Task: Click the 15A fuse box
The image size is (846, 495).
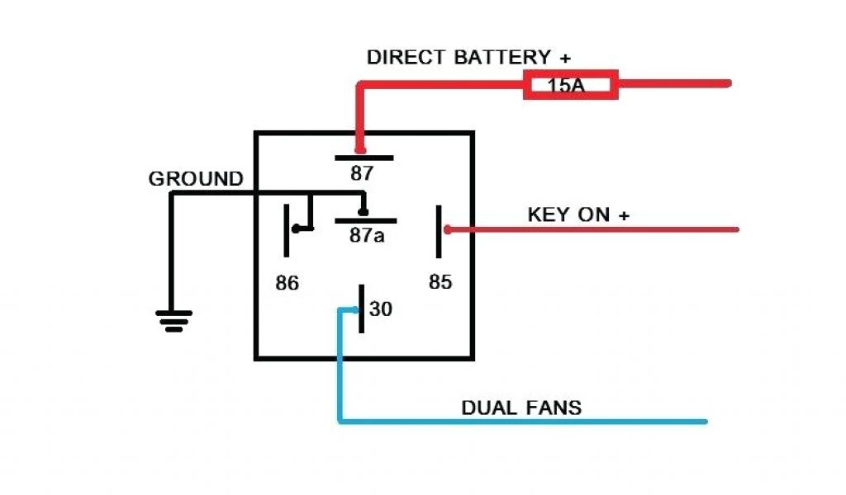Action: (570, 85)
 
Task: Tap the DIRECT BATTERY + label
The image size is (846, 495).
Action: (469, 58)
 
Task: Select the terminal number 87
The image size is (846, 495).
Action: (362, 174)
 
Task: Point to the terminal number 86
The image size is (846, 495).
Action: (287, 283)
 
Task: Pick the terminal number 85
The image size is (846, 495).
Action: (440, 282)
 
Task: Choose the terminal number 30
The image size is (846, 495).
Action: (381, 309)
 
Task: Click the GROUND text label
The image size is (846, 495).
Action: (196, 179)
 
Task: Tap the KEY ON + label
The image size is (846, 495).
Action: (578, 214)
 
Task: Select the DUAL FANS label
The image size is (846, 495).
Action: (521, 408)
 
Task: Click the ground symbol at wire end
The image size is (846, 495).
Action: (173, 320)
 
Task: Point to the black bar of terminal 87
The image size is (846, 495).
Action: (364, 157)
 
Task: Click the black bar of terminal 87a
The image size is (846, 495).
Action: (365, 221)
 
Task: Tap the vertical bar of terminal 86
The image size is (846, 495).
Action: (287, 229)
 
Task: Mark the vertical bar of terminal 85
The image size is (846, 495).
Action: (439, 230)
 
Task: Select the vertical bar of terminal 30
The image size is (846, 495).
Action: (361, 309)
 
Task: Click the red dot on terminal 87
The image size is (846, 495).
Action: (360, 150)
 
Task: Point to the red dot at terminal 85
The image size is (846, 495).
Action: (448, 229)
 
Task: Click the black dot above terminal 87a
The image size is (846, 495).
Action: (363, 212)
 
